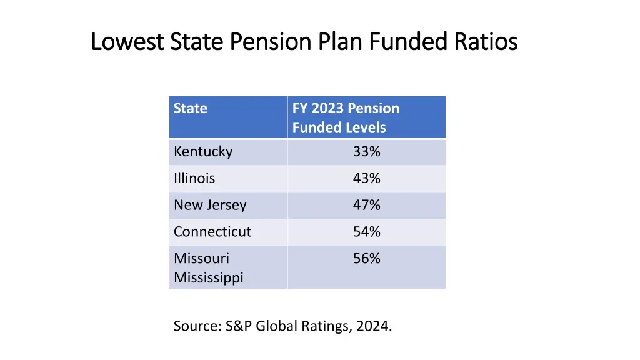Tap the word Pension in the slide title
click(x=271, y=42)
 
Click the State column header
click(x=190, y=109)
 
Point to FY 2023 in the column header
click(x=318, y=109)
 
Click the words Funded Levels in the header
click(x=339, y=127)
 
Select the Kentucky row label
click(x=203, y=152)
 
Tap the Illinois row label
click(x=194, y=179)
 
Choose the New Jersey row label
click(x=210, y=206)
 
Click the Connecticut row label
click(x=212, y=232)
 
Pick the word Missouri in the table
click(x=201, y=259)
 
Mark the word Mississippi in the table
click(x=208, y=277)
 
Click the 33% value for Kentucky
click(x=366, y=152)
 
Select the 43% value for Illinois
click(x=366, y=179)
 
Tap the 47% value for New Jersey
click(x=366, y=206)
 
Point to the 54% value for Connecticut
click(x=366, y=232)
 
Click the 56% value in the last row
click(x=366, y=259)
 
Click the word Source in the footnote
click(x=196, y=326)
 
